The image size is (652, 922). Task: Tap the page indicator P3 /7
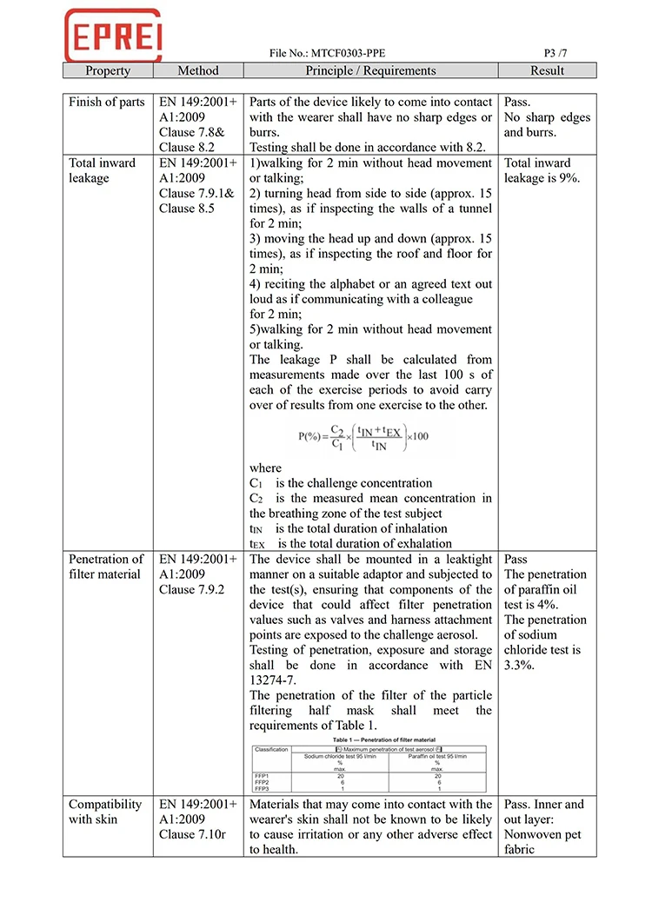pos(561,52)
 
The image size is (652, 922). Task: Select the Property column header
pos(108,70)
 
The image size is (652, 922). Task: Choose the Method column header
pos(198,70)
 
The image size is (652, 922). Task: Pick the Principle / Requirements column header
pos(370,70)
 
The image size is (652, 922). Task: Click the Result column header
pos(547,70)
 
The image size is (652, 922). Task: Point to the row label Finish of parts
pos(107,102)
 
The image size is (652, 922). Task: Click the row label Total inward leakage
pos(103,170)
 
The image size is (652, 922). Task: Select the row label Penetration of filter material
pos(106,567)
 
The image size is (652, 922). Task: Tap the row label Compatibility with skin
pos(105,812)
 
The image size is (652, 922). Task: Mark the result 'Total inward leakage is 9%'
pos(542,170)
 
